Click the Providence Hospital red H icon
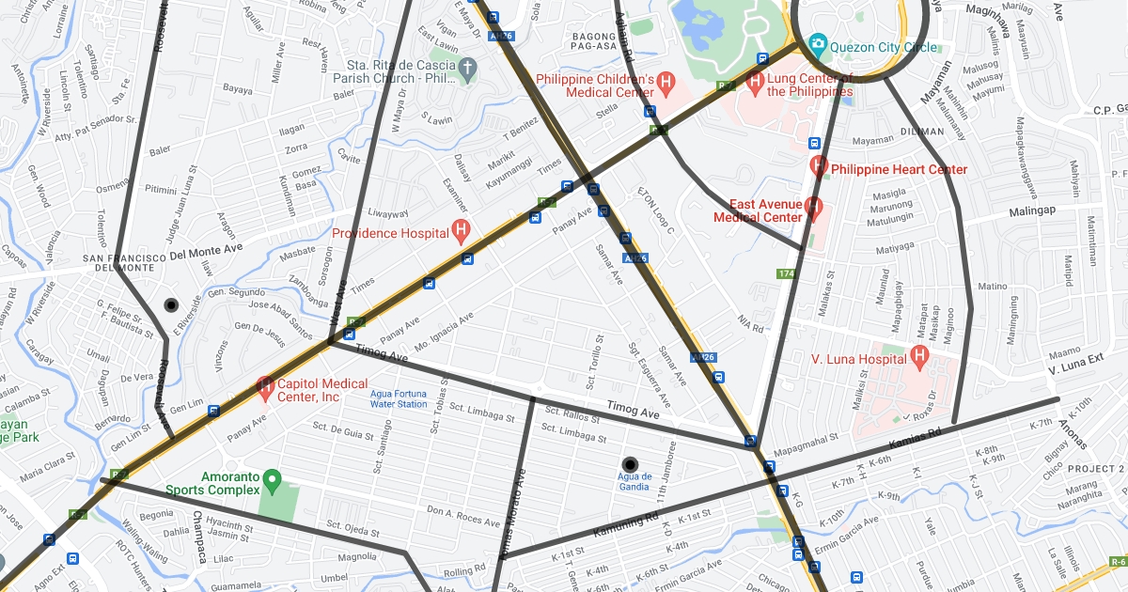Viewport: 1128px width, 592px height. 461,229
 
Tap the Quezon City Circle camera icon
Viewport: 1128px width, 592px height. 817,44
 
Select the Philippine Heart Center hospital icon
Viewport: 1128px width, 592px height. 819,166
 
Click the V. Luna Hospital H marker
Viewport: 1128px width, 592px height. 918,356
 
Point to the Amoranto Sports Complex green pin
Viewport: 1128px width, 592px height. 273,481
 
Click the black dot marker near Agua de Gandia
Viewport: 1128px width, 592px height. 630,463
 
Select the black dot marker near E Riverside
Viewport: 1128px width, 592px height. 171,304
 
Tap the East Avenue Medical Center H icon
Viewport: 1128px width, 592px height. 813,207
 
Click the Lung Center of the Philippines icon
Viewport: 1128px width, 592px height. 755,83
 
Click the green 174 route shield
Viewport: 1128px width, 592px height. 786,273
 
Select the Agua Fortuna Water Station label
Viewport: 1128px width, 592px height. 399,398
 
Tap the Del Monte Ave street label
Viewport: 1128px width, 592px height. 205,252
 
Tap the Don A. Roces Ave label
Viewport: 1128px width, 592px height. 463,515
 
